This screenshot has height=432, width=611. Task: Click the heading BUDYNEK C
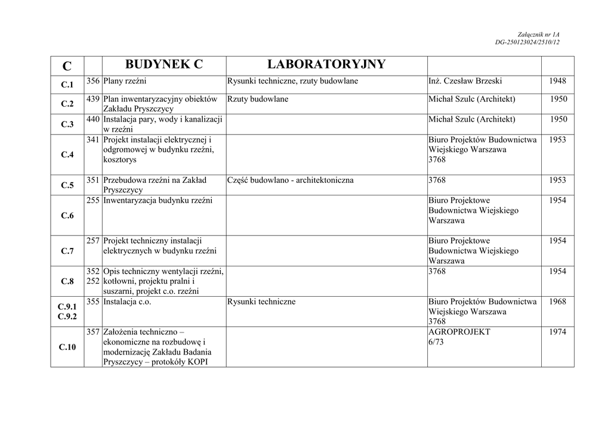click(164, 64)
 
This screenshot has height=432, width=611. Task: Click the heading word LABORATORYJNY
click(326, 64)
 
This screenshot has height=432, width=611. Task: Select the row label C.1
click(67, 85)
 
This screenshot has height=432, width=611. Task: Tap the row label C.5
click(67, 185)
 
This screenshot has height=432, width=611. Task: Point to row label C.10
click(67, 347)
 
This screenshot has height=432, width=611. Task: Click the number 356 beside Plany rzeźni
click(92, 81)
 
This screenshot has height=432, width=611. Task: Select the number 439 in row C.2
click(92, 99)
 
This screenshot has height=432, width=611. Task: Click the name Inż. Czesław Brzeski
click(465, 81)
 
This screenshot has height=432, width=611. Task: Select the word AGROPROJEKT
click(459, 332)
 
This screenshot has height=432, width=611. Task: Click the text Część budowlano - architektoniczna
click(290, 180)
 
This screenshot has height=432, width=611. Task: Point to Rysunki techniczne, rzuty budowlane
click(292, 81)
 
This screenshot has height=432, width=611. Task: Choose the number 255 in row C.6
click(92, 200)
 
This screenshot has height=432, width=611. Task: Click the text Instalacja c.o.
click(127, 302)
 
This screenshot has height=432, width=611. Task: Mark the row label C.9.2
click(67, 317)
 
